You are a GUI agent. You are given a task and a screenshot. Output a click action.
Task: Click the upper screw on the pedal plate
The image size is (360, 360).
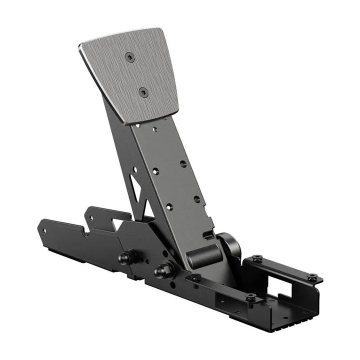(x=130, y=57)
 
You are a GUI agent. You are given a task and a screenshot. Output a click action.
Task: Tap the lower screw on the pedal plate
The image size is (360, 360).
(x=143, y=92)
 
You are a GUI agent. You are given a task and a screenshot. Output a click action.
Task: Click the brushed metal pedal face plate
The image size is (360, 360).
(x=135, y=75)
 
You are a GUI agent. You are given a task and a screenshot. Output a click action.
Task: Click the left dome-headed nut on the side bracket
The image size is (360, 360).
(x=124, y=258)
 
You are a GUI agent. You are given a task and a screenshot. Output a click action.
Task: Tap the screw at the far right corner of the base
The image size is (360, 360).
(x=312, y=276)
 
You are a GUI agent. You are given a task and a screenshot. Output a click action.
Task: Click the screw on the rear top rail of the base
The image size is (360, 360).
(x=257, y=259)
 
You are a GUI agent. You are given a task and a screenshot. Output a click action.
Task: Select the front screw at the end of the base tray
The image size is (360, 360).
(x=250, y=297)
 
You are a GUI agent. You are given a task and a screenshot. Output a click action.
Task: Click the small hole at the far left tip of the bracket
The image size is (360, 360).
(x=44, y=231)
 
